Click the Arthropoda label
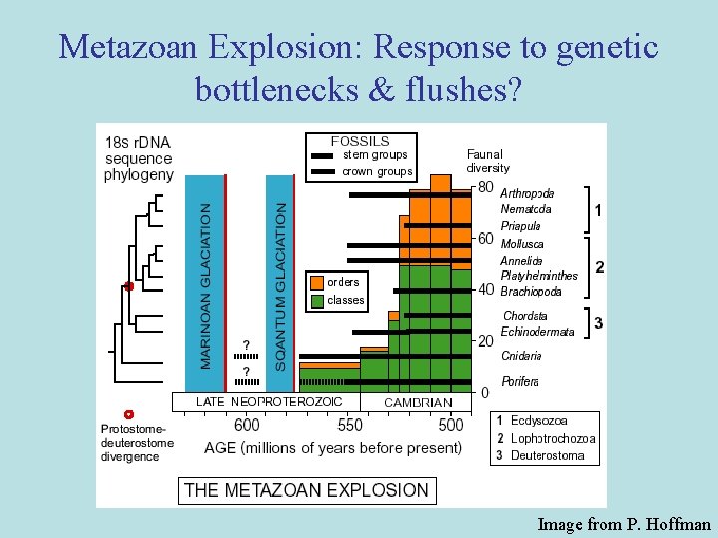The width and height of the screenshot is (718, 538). tap(528, 193)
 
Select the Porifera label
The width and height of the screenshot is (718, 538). tap(520, 381)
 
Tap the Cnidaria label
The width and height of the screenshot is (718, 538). tap(522, 356)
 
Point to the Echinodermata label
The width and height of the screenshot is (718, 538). tap(538, 332)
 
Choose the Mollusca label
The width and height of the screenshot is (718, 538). tap(522, 244)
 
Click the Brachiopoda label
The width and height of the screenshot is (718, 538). tap(531, 292)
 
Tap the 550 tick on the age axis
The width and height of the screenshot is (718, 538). tap(350, 425)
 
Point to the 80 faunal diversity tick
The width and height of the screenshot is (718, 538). tap(486, 187)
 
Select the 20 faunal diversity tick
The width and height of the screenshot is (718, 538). tap(486, 341)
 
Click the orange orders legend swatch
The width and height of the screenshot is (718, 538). tap(317, 282)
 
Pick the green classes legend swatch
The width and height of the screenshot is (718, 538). tap(317, 300)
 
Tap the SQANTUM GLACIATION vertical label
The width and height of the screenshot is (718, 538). tap(280, 287)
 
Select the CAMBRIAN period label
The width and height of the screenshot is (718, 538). tap(418, 403)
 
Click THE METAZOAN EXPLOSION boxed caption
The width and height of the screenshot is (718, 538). tap(306, 490)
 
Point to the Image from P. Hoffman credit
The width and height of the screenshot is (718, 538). tap(624, 523)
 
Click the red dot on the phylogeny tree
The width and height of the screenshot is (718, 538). tap(129, 286)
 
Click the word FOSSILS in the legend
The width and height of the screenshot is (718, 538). tap(360, 141)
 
